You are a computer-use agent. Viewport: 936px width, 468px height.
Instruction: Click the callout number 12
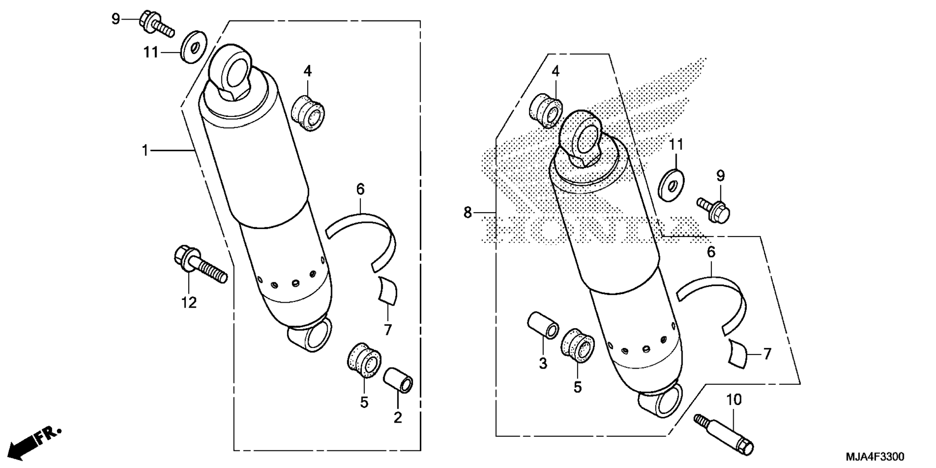click(x=189, y=303)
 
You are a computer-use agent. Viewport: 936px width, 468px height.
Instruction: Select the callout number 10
click(x=734, y=400)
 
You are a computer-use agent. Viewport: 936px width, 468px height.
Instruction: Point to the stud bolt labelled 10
click(x=723, y=433)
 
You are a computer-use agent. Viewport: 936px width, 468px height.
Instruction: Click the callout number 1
click(x=145, y=151)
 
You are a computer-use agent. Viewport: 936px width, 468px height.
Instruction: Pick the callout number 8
click(x=468, y=213)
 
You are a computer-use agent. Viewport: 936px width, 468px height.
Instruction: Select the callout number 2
click(x=398, y=417)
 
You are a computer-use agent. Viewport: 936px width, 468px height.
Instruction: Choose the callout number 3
click(x=543, y=363)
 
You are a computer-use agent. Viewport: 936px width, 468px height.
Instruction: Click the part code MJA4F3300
click(x=875, y=457)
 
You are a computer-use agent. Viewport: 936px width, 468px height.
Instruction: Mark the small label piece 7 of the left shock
click(x=388, y=291)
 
